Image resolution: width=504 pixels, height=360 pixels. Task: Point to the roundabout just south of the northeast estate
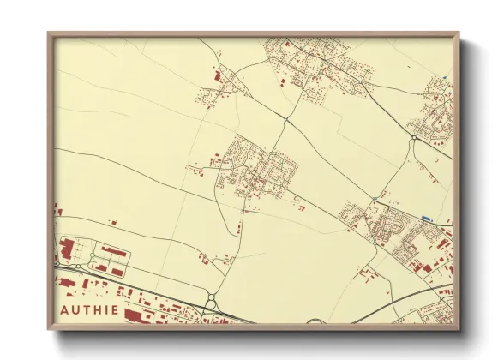click(414, 136)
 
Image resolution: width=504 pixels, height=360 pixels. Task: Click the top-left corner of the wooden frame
click(49, 34)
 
